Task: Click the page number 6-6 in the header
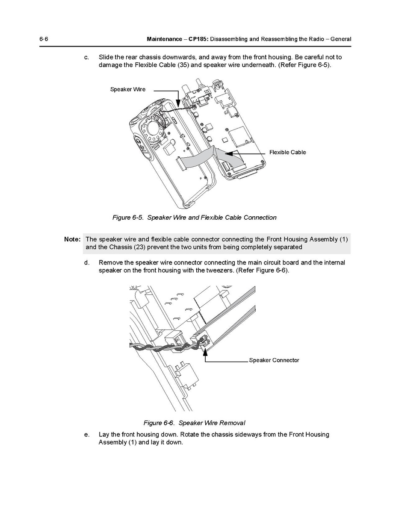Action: [44, 39]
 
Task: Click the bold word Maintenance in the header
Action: [164, 39]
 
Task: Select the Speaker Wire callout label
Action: [128, 89]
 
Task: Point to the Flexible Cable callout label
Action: [287, 152]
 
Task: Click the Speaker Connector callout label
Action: [274, 360]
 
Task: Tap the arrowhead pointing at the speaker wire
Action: [178, 103]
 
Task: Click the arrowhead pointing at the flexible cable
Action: [229, 153]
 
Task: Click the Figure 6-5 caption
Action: [195, 218]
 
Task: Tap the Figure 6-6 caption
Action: [195, 423]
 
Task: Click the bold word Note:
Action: [72, 239]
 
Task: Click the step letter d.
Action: [86, 262]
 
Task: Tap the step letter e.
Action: [86, 435]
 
